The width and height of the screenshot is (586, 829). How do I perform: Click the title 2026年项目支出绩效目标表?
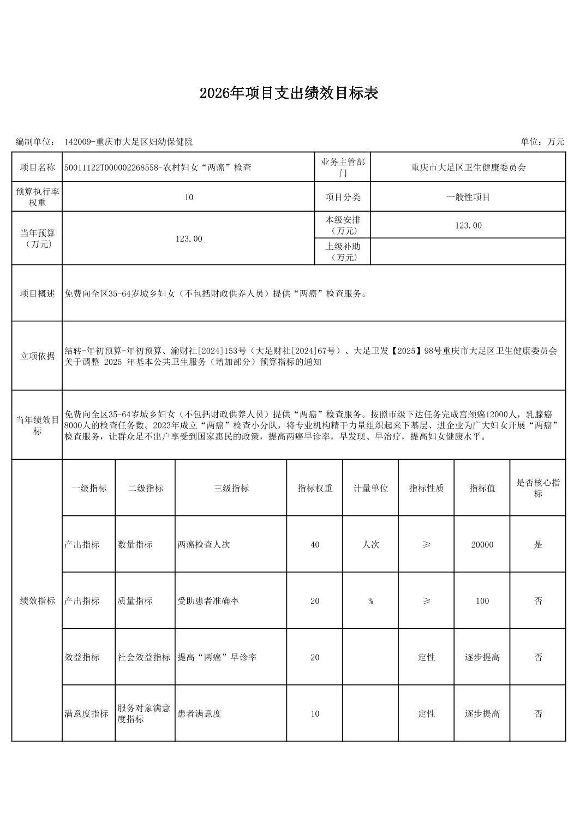point(289,93)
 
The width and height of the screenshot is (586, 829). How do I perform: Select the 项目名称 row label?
point(37,167)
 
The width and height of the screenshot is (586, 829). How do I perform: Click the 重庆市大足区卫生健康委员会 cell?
point(468,167)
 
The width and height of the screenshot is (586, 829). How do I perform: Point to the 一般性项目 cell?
point(468,197)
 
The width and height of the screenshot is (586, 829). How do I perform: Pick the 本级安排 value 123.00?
point(468,225)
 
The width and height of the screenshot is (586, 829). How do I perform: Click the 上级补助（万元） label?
point(343,251)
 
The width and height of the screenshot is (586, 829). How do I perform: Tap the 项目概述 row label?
point(37,293)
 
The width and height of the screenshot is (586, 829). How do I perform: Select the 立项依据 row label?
point(37,356)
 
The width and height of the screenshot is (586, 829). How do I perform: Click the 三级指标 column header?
point(231,488)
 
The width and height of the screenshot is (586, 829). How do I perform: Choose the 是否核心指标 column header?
point(537,488)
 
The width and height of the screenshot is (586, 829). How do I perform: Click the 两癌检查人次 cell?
point(204,544)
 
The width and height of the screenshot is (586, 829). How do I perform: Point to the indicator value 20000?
point(482,544)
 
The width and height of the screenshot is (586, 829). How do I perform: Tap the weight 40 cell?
point(315,544)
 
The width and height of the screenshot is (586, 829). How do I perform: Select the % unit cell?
point(370,601)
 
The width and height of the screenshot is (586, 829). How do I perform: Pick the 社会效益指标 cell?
point(144,657)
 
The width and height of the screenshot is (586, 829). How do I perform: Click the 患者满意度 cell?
point(199,713)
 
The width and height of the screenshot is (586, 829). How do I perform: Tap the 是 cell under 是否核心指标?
point(537,544)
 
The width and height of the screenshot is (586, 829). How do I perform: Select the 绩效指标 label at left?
point(37,601)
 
